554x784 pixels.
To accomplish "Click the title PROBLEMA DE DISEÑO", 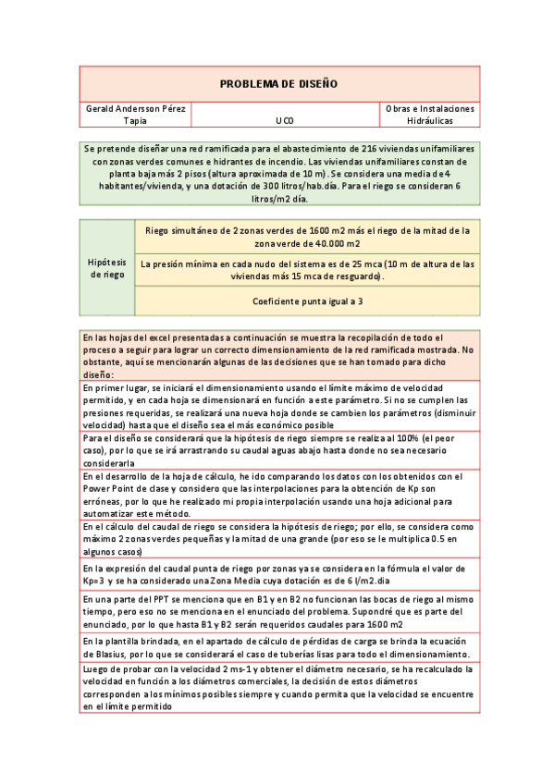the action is [x=278, y=84].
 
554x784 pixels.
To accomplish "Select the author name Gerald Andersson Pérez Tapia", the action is [x=135, y=114].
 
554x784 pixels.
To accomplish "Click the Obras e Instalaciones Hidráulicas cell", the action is [x=429, y=114].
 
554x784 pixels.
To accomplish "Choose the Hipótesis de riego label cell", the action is [x=107, y=268].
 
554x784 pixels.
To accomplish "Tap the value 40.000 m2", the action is [x=327, y=243].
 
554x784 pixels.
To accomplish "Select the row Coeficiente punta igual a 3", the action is [x=308, y=301].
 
